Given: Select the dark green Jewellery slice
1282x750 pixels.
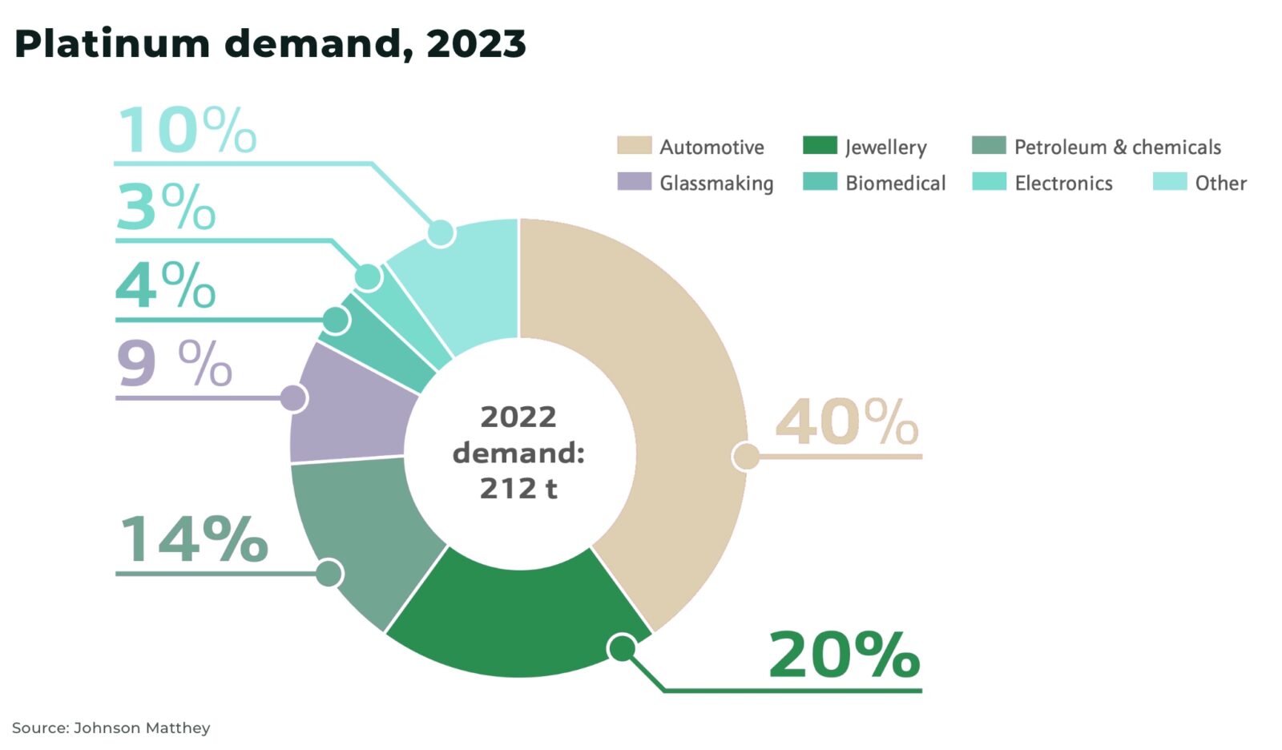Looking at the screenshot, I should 513,617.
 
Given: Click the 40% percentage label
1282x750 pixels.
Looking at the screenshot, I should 846,422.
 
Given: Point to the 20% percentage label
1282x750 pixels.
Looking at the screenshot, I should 844,655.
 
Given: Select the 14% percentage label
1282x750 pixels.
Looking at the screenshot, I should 193,538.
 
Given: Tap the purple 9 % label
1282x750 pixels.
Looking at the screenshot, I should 174,365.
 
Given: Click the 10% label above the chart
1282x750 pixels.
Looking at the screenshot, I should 187,130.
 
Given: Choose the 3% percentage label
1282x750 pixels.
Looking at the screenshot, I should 166,207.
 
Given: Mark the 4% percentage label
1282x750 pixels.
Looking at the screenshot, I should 166,285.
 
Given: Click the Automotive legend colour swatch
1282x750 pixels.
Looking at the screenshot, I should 634,146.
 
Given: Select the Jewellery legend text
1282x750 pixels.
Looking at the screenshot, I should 885,147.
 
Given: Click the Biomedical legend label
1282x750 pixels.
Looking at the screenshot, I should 895,183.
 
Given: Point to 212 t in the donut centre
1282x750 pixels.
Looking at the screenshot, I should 518,488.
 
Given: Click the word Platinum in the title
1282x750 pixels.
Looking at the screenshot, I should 112,44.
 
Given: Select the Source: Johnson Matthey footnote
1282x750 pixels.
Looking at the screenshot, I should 111,728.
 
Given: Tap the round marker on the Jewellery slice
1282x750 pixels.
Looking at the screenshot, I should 623,647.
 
